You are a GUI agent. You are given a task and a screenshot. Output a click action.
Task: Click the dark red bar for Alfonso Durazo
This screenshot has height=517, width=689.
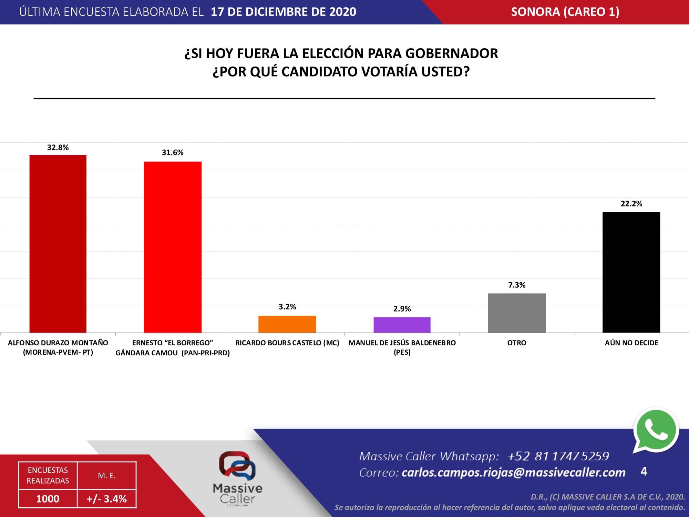pyautogui.click(x=58, y=244)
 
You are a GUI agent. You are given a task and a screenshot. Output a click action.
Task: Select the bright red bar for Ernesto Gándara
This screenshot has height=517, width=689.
pyautogui.click(x=173, y=247)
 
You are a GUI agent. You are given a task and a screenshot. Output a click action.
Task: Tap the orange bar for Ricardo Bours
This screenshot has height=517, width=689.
pyautogui.click(x=287, y=324)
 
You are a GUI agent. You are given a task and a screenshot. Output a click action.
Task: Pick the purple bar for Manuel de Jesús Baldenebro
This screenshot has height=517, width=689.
pyautogui.click(x=402, y=325)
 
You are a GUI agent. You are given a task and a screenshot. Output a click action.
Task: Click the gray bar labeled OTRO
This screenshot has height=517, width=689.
pyautogui.click(x=517, y=313)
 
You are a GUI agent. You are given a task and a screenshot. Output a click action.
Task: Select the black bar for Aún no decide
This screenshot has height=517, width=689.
pyautogui.click(x=631, y=272)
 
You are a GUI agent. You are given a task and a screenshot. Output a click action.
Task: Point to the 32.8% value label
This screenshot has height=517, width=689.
pyautogui.click(x=58, y=148)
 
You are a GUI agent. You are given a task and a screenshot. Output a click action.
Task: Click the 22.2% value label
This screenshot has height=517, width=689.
pyautogui.click(x=631, y=204)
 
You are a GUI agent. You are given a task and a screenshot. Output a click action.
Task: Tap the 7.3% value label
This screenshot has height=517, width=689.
pyautogui.click(x=517, y=285)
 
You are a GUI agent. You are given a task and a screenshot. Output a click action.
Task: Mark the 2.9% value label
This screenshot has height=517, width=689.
pyautogui.click(x=402, y=309)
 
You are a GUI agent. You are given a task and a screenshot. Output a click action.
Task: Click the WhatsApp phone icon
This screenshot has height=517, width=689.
pyautogui.click(x=656, y=431)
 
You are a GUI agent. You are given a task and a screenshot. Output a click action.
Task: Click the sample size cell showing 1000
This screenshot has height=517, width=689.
pyautogui.click(x=48, y=499)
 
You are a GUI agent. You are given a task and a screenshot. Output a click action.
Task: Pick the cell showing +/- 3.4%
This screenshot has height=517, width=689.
pyautogui.click(x=107, y=499)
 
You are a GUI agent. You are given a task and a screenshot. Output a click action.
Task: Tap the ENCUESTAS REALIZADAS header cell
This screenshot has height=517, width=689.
pyautogui.click(x=48, y=475)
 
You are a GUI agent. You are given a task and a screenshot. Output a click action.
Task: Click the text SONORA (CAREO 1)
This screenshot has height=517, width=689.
pyautogui.click(x=565, y=12)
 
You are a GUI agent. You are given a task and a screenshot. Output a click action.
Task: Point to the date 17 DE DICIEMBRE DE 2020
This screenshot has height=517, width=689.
pyautogui.click(x=283, y=12)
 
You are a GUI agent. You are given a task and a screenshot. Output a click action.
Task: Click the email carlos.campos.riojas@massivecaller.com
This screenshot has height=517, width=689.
pyautogui.click(x=513, y=472)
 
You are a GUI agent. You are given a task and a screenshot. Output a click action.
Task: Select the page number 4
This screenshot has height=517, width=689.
pyautogui.click(x=644, y=471)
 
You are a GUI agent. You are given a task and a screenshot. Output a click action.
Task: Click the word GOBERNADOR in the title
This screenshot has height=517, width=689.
pyautogui.click(x=451, y=53)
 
